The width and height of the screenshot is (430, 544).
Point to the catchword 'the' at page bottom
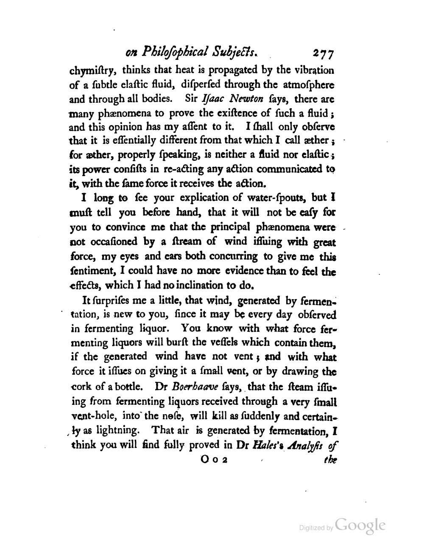pos(329,460)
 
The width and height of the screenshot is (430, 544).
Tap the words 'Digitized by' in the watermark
pos(316,528)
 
